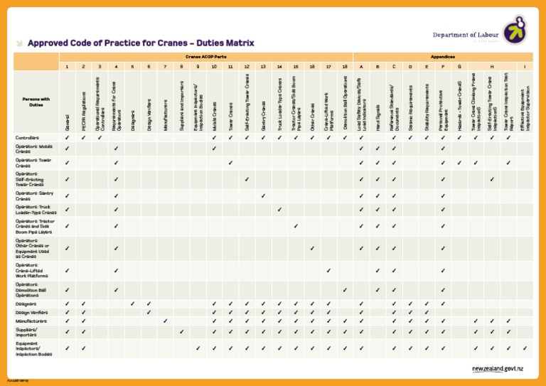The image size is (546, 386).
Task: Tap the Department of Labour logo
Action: pos(515,31)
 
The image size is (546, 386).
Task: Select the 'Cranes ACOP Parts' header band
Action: pos(206,56)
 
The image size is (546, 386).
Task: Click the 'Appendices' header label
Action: pos(442,56)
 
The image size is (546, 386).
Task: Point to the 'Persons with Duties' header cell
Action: pos(36,102)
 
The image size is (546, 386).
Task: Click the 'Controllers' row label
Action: pos(28,137)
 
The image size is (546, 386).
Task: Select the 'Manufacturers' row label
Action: pos(31,321)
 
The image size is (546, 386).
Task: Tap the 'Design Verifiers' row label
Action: pos(33,312)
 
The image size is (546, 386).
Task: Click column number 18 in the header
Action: pos(345,66)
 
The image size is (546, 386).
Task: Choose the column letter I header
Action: pos(525,66)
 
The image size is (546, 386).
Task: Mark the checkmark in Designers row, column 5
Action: pos(132,304)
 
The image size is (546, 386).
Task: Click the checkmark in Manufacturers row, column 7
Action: pos(165,321)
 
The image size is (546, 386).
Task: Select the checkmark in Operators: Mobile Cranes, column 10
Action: pos(214,149)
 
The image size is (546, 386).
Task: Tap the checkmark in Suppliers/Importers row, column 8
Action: pos(181,331)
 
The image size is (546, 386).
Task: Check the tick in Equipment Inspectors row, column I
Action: pos(525,348)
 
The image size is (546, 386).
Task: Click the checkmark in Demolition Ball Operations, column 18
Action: pos(345,290)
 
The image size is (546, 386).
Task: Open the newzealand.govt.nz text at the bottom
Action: pos(498,370)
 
